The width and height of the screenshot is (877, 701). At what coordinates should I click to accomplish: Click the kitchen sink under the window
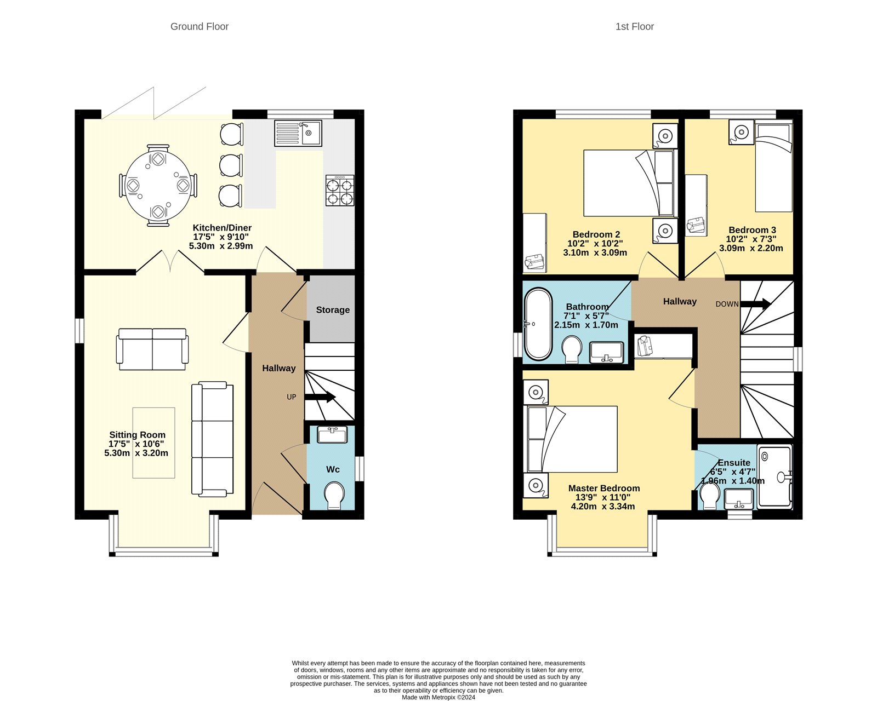(x=298, y=133)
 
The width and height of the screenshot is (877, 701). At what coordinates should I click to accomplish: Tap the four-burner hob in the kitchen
(x=340, y=191)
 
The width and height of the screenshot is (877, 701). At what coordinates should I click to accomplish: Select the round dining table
(x=158, y=186)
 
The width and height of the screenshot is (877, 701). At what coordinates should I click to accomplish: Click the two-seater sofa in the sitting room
(x=152, y=349)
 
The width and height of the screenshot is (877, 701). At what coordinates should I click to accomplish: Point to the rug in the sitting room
(x=153, y=443)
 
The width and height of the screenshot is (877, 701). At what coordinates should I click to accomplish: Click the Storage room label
(x=333, y=310)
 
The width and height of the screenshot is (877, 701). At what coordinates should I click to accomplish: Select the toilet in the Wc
(x=333, y=495)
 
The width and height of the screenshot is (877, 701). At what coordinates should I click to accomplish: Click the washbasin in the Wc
(x=332, y=435)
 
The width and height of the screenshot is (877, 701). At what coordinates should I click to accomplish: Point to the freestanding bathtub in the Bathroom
(x=538, y=324)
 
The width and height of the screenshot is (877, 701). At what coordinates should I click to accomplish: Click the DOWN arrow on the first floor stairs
(x=756, y=304)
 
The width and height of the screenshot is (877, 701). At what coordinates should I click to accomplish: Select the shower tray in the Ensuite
(x=775, y=475)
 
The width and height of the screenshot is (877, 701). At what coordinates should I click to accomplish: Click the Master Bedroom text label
(x=603, y=488)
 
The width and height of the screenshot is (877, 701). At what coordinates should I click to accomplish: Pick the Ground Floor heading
(x=200, y=26)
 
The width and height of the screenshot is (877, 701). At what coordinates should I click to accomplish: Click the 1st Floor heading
(x=634, y=26)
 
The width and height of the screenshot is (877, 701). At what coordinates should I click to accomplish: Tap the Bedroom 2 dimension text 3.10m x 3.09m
(x=595, y=253)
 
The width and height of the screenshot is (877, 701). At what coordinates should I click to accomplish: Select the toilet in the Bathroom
(x=572, y=349)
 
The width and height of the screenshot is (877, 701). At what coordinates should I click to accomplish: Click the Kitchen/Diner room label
(x=222, y=228)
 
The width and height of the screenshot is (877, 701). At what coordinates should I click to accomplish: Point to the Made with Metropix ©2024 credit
(x=438, y=697)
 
